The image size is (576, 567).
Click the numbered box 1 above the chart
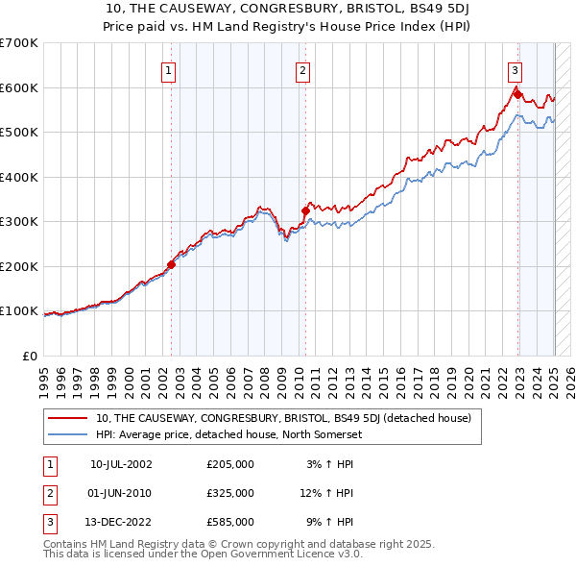pos(169,69)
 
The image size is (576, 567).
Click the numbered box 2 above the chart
pos(302,69)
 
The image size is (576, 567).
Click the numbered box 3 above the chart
pos(516,69)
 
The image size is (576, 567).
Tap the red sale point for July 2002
pos(172,264)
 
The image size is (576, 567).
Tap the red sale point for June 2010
pos(305,210)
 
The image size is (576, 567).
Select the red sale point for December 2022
pos(517,94)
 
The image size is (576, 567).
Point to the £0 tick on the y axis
pos(31,356)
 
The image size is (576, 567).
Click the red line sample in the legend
pos(67,418)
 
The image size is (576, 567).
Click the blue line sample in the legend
pos(67,434)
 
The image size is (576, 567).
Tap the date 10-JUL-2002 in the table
pos(121,464)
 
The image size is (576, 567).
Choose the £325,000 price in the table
pos(230,493)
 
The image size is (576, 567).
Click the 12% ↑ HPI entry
pos(327,493)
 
